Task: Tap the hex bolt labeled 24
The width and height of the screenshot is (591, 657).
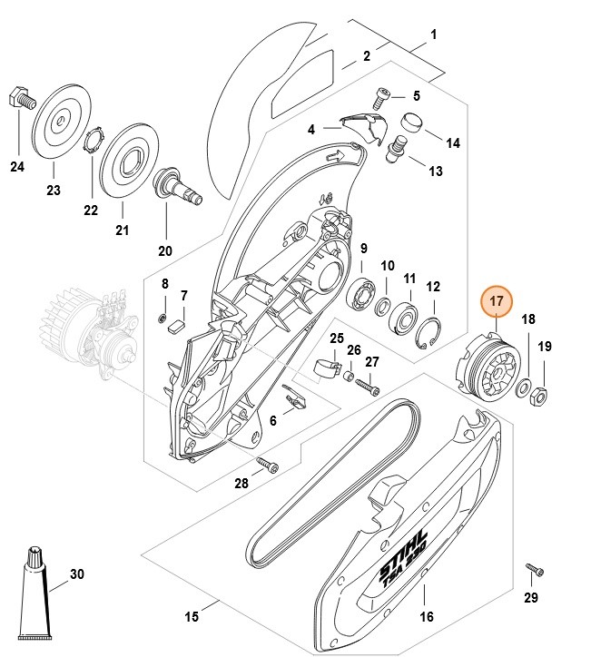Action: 22,97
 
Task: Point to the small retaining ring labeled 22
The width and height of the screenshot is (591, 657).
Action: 92,142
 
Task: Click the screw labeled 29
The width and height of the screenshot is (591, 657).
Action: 534,571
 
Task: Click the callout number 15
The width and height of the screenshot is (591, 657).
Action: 192,617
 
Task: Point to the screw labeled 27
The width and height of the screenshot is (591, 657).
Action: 369,385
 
